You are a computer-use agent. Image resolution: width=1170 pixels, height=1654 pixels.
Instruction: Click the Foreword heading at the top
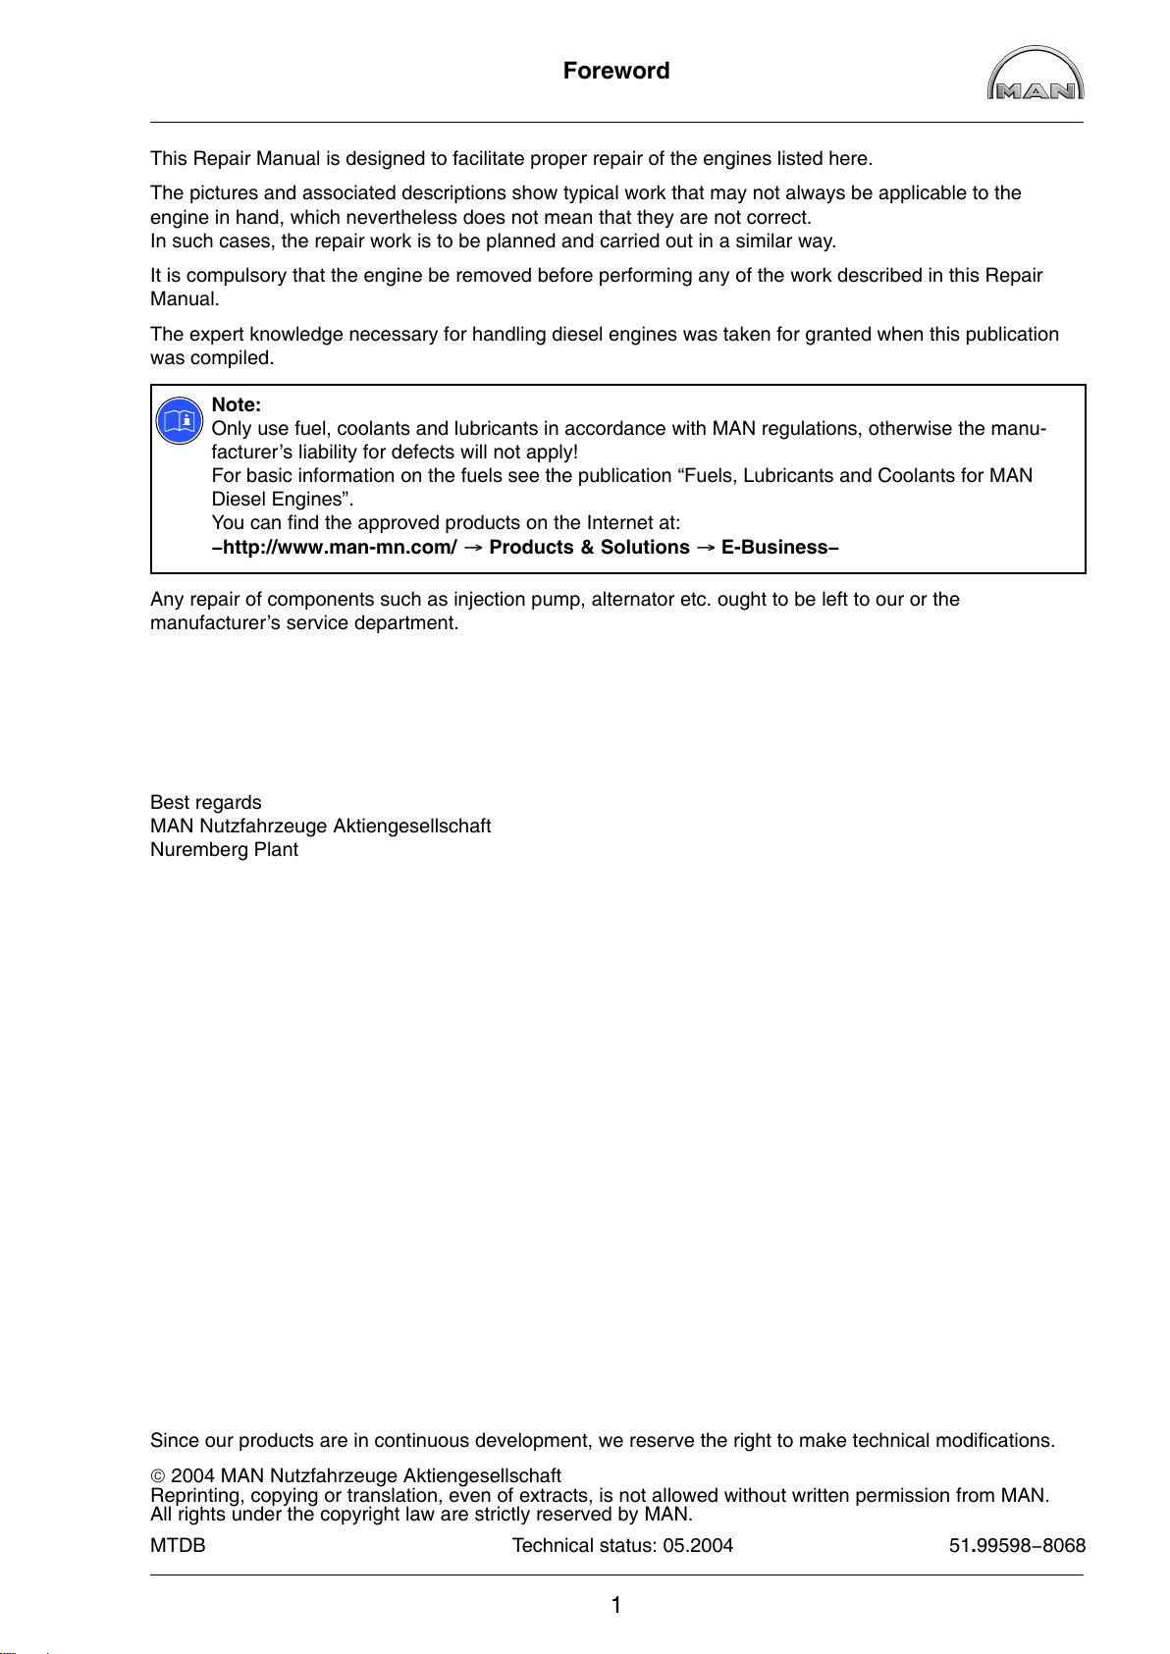pyautogui.click(x=616, y=71)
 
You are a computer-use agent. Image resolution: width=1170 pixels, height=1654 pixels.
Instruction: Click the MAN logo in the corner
pyautogui.click(x=1035, y=75)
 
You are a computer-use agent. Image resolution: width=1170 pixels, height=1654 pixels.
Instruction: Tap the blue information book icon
pyautogui.click(x=179, y=422)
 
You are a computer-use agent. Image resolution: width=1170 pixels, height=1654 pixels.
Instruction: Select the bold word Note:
pyautogui.click(x=236, y=404)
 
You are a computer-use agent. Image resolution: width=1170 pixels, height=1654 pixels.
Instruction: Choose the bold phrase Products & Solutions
pyautogui.click(x=589, y=548)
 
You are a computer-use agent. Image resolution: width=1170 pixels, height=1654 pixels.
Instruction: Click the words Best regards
pyautogui.click(x=206, y=803)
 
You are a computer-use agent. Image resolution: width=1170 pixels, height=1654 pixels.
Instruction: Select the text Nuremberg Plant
pyautogui.click(x=224, y=850)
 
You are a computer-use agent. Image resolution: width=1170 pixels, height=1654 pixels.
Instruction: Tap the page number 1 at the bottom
pyautogui.click(x=616, y=1606)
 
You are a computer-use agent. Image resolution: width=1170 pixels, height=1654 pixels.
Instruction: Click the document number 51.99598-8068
pyautogui.click(x=1017, y=1546)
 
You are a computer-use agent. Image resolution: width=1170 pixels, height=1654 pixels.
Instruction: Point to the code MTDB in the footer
pyautogui.click(x=178, y=1546)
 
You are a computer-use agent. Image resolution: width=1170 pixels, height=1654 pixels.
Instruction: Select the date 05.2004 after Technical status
pyautogui.click(x=698, y=1546)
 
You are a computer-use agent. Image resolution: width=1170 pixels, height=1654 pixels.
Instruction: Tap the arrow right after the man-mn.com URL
pyautogui.click(x=472, y=548)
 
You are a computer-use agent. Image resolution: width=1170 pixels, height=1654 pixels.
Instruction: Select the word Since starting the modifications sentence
pyautogui.click(x=173, y=1441)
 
